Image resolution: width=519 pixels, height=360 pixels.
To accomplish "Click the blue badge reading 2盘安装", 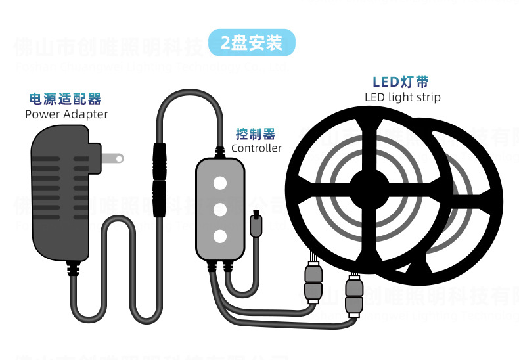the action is coord(252,43).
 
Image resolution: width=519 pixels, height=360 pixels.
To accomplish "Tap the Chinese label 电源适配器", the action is coord(65,99).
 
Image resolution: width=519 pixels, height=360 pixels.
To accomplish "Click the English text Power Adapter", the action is coord(66,114).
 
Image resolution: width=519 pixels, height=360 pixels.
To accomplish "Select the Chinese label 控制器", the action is coord(256,135).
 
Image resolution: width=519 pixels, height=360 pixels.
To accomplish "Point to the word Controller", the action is coord(256,148).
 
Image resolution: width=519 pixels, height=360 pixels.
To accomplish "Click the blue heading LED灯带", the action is coord(401,82).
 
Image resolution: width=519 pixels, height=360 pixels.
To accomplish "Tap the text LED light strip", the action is coord(402,97).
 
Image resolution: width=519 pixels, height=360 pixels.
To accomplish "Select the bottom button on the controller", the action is coord(219,236).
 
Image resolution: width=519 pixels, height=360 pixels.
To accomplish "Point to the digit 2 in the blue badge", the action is coord(225,43).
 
